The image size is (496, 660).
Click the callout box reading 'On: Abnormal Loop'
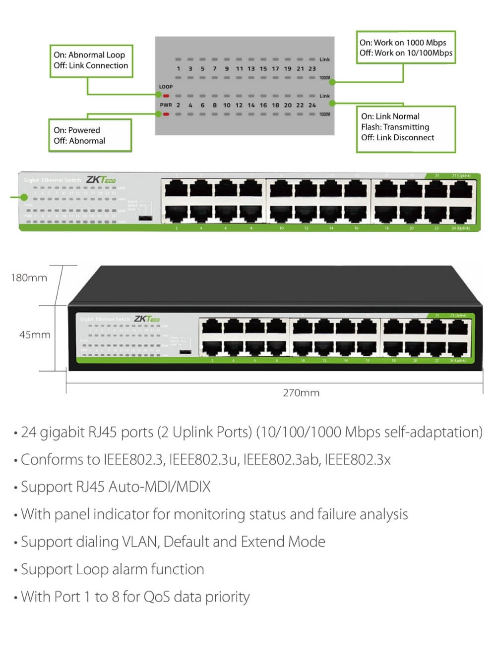91,60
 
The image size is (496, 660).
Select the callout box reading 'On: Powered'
90,135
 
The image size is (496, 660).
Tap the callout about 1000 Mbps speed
405,48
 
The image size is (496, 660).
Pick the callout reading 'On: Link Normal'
405,127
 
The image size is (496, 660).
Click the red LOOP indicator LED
166,96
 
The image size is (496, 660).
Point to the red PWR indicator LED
166,114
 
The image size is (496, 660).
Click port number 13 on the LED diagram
251,69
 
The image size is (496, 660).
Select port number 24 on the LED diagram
312,105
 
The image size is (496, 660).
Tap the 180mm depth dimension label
29,278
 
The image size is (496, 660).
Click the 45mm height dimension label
35,335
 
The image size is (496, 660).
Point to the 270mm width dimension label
301,393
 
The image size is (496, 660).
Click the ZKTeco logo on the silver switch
101,179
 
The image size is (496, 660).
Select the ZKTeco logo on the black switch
147,319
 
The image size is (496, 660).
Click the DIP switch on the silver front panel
145,218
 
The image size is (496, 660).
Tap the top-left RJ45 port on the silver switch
176,189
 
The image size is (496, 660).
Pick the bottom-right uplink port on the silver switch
461,214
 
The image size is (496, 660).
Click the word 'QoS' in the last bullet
157,597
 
